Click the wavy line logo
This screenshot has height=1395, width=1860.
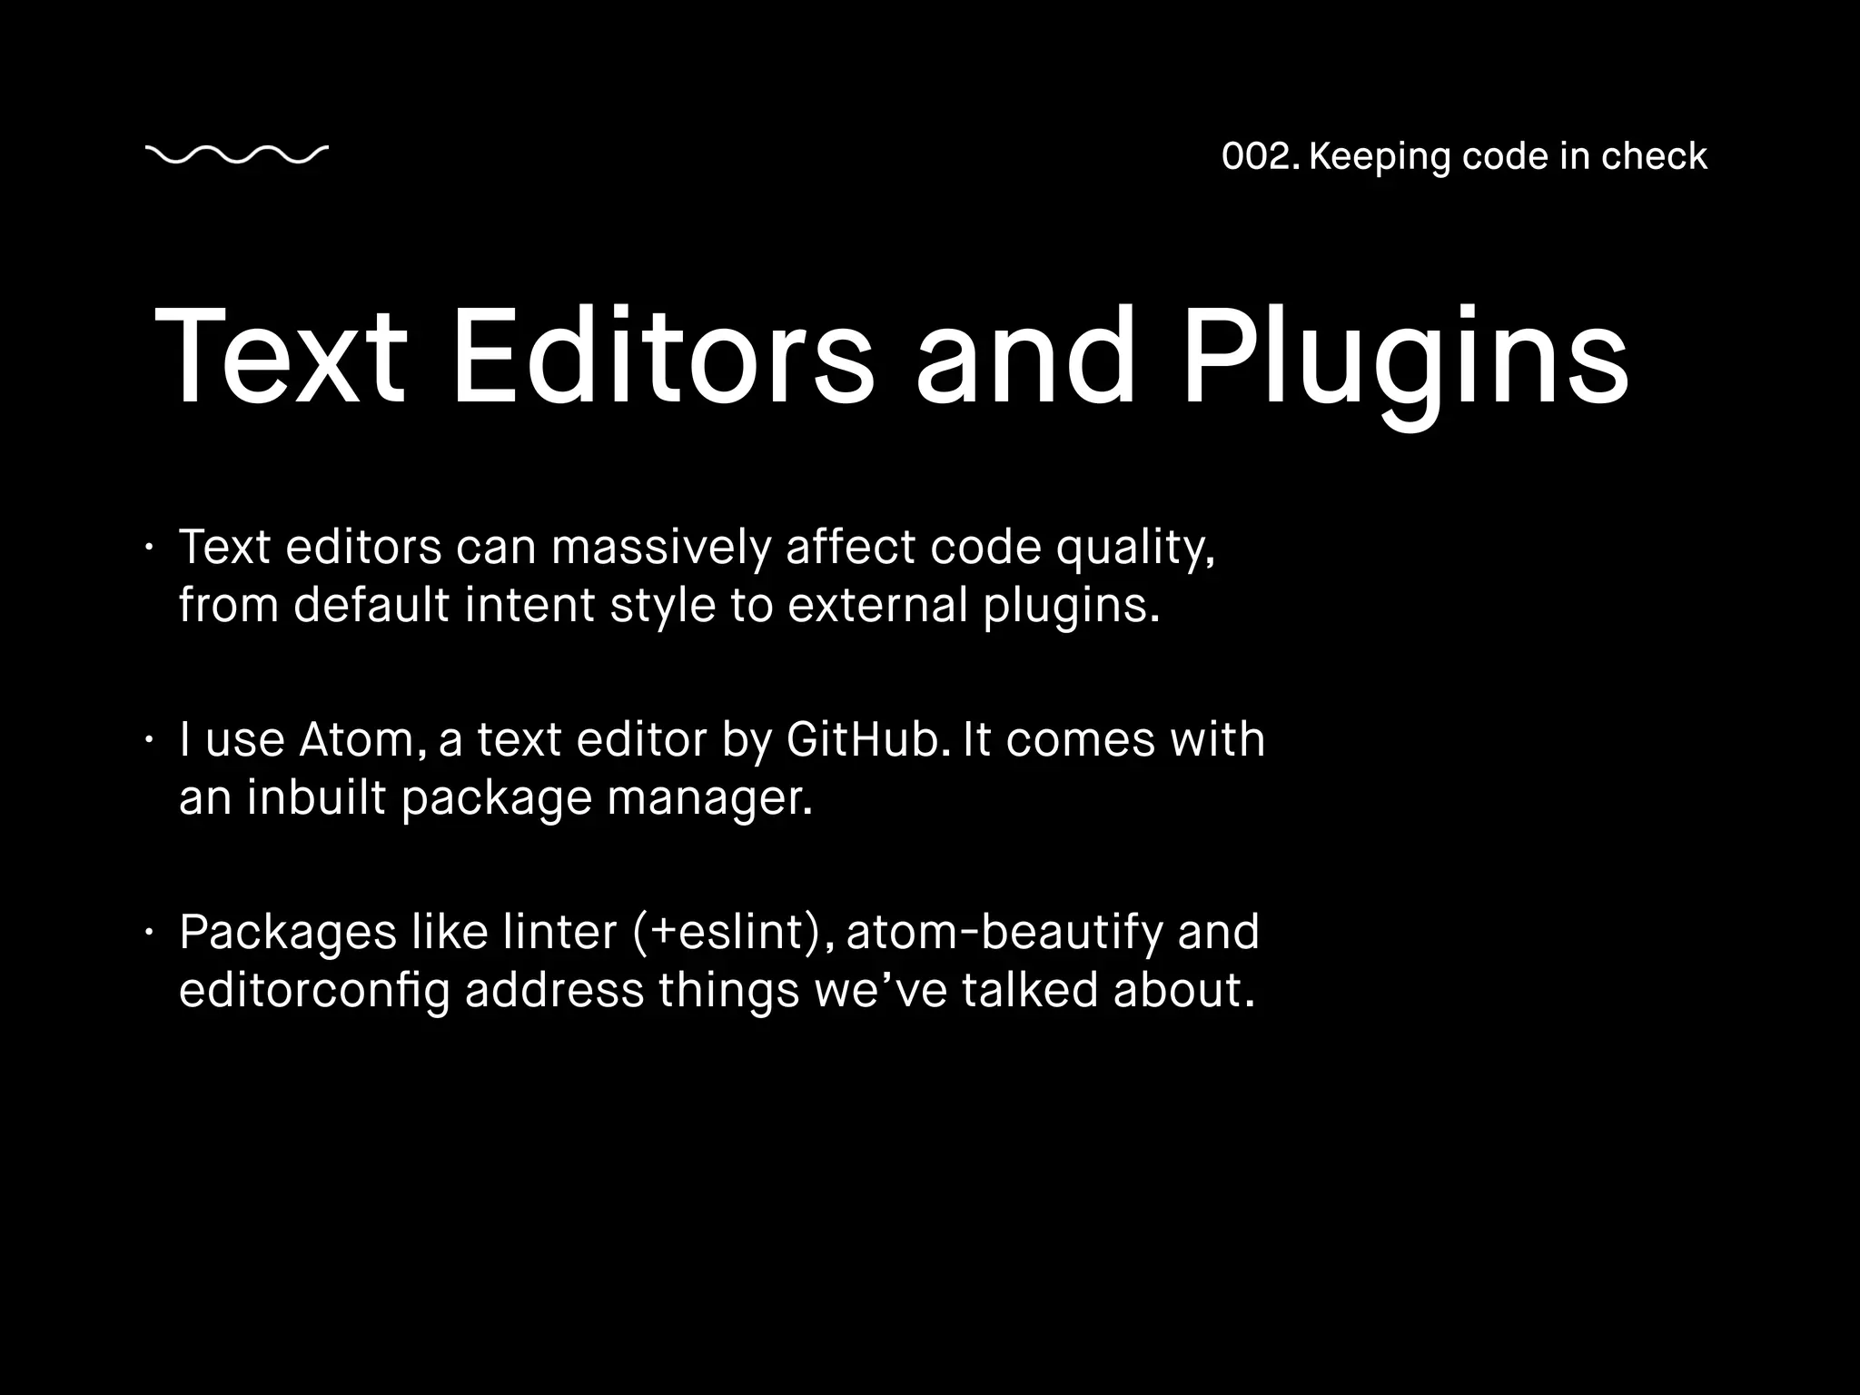pyautogui.click(x=236, y=155)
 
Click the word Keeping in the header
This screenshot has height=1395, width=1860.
pyautogui.click(x=1380, y=157)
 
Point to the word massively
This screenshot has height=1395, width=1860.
pyautogui.click(x=660, y=548)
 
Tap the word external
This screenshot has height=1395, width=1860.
pyautogui.click(x=878, y=605)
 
